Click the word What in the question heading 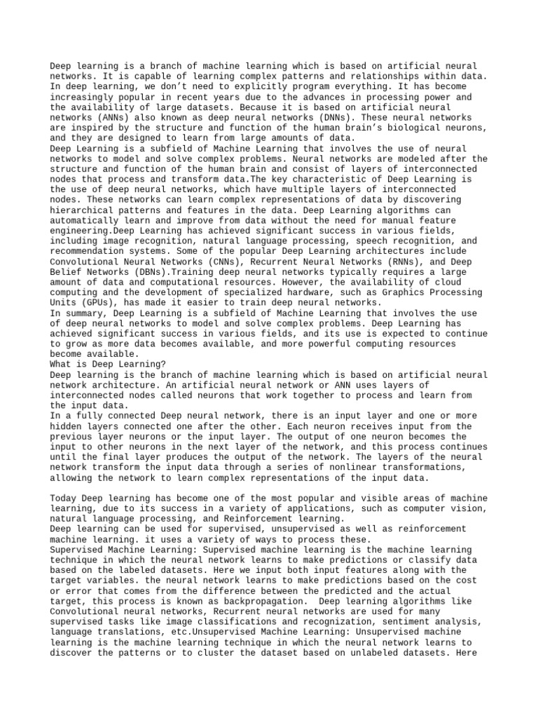(x=61, y=365)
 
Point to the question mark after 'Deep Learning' (x=165, y=365)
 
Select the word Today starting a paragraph (x=64, y=499)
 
